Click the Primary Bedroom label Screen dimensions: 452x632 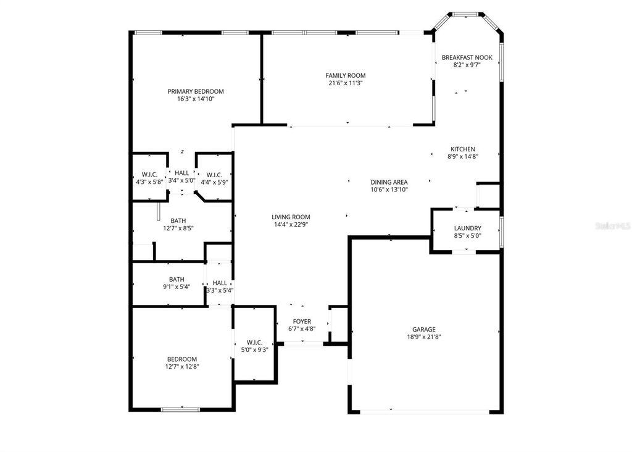point(196,91)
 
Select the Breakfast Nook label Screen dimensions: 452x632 point(467,57)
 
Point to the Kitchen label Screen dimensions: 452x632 point(462,149)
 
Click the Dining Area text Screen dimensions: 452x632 point(389,182)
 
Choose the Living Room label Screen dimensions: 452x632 point(291,217)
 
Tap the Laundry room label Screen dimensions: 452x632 point(467,228)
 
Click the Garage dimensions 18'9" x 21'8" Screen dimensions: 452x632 point(423,337)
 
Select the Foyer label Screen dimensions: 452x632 point(302,322)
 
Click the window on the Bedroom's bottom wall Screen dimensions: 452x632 point(180,409)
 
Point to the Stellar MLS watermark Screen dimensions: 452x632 point(612,227)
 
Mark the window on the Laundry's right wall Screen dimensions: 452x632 point(501,227)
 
